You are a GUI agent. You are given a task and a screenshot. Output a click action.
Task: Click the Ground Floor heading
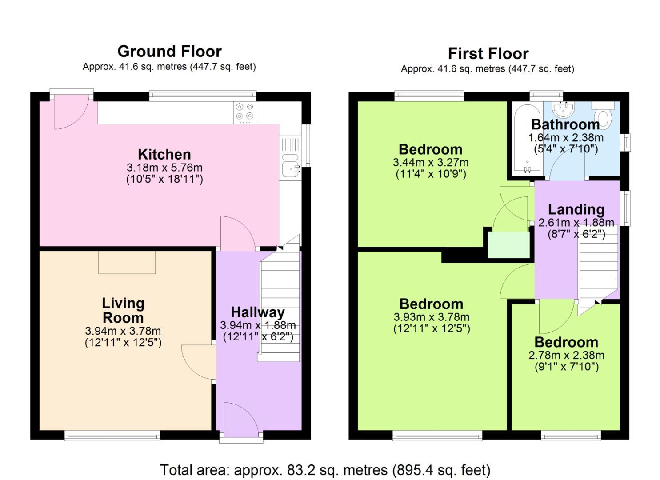[x=169, y=52]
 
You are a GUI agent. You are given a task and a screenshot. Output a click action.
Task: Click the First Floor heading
[x=488, y=54]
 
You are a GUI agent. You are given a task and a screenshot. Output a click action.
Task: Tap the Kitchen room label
[x=164, y=154]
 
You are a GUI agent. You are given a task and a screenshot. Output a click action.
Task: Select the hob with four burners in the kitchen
[x=245, y=112]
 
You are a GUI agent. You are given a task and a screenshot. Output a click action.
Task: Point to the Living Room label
[x=123, y=310]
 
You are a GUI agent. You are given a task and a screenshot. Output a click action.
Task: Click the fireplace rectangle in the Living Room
[x=127, y=262]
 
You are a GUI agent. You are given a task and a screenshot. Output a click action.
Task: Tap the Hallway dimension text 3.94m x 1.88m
[x=258, y=325]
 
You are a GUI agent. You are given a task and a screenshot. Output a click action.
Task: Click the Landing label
[x=576, y=209]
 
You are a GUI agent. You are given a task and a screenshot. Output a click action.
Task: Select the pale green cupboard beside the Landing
[x=509, y=244]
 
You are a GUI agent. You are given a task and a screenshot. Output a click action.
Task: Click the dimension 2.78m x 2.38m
[x=566, y=355]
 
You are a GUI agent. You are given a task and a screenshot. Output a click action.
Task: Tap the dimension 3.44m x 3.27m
[x=431, y=163]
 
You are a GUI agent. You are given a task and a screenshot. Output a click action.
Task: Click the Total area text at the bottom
[x=325, y=470]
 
